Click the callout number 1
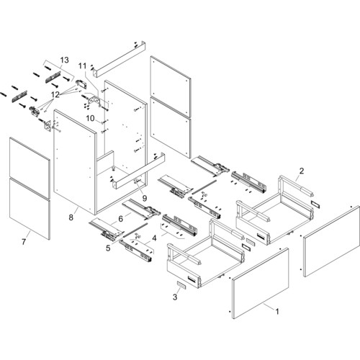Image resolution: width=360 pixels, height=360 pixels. coord(277,312)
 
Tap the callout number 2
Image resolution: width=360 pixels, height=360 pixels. coord(302,171)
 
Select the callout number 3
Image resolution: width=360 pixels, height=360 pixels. coord(175,297)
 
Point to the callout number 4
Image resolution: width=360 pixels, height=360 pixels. coord(154,238)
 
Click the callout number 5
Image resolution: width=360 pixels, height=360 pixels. coord(108,248)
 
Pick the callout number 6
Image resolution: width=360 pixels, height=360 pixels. coord(121,219)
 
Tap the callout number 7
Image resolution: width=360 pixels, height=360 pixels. coord(24,242)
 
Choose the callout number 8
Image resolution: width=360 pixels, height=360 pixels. coord(71,217)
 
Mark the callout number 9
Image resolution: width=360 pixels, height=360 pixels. coord(145,198)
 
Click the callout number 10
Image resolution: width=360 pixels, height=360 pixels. coord(91,118)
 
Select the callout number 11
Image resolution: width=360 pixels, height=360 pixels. coord(82,66)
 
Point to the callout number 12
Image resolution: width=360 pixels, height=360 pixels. coord(55,95)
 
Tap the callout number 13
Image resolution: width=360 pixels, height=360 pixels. coord(64,60)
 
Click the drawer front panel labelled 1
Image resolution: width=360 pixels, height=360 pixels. coord(261,283)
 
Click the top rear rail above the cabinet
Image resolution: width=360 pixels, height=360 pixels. coord(120,59)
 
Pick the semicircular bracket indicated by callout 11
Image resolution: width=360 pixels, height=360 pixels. coord(94,100)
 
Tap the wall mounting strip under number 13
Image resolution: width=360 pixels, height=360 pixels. coord(53,77)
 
